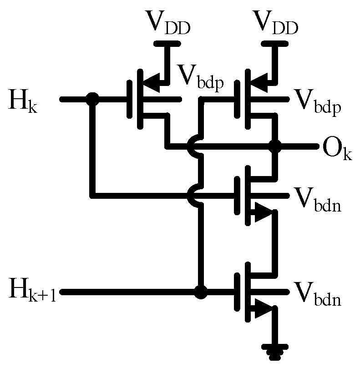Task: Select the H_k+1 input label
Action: [x=32, y=292]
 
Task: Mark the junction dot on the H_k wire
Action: [x=93, y=98]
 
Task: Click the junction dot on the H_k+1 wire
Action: [x=200, y=292]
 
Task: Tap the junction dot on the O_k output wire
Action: [x=275, y=146]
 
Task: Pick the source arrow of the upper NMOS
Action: [x=263, y=213]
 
